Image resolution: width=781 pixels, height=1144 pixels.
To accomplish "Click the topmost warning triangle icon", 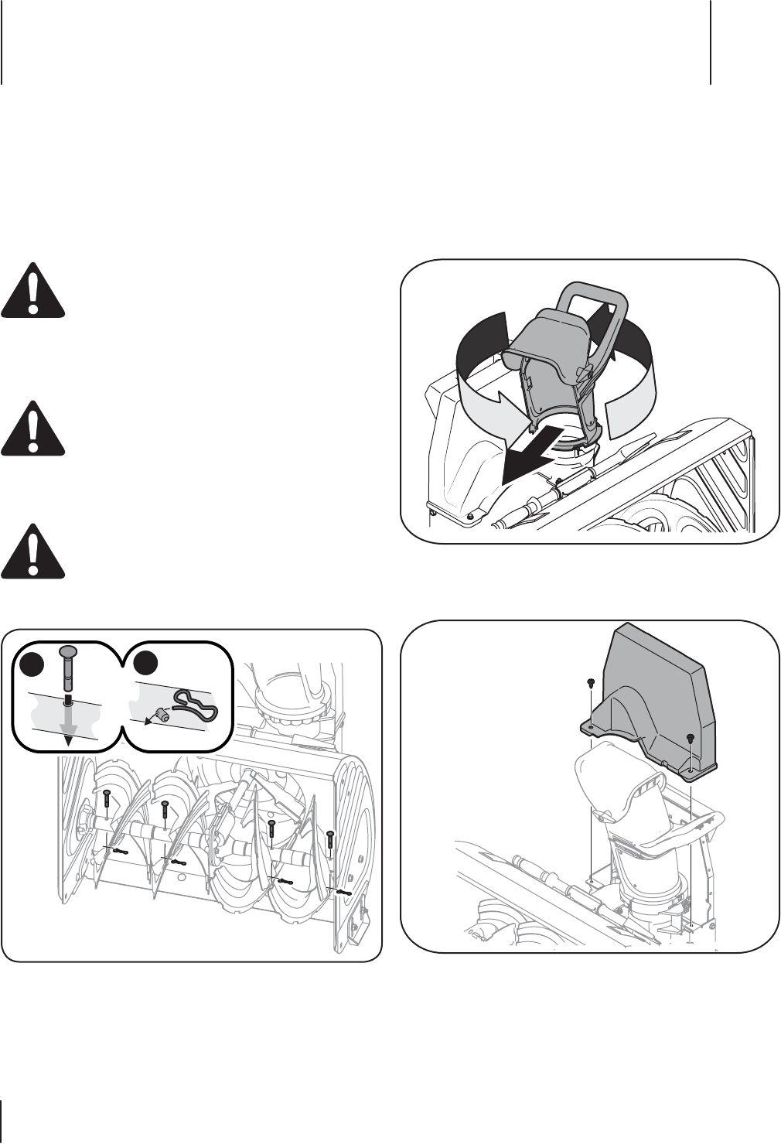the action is point(32,292).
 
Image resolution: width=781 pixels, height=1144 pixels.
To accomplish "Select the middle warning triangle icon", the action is point(32,428).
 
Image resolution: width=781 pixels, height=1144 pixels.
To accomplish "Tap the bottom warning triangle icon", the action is point(32,552).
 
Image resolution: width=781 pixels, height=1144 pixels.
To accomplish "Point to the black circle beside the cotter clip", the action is point(144,664).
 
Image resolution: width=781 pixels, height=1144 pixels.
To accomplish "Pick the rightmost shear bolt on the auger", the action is point(330,839).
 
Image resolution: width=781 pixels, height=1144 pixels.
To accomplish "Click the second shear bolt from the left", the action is point(164,811).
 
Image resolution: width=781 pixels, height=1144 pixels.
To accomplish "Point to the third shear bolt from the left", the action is point(271,830).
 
